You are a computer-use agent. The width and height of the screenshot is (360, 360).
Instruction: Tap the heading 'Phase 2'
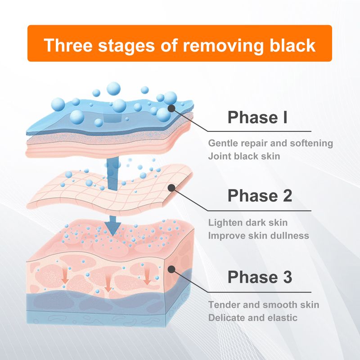click(x=260, y=196)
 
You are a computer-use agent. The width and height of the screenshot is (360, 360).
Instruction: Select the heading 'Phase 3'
click(x=260, y=277)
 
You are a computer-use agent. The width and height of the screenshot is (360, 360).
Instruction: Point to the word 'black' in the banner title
click(x=288, y=45)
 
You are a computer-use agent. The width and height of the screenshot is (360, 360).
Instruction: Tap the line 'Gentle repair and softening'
click(x=270, y=144)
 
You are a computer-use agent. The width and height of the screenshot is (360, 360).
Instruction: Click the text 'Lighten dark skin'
click(x=248, y=223)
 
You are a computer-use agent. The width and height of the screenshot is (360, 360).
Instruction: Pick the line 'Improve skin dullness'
click(x=259, y=235)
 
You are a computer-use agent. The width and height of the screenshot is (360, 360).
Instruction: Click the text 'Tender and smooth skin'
click(x=264, y=305)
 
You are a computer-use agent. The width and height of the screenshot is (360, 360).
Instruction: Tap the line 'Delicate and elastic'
click(x=252, y=317)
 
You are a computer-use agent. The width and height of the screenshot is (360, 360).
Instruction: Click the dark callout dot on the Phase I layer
click(x=171, y=108)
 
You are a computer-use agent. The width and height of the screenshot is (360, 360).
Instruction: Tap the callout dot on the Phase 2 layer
click(x=171, y=187)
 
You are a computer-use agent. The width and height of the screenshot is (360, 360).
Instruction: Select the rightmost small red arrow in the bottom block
click(x=147, y=278)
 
